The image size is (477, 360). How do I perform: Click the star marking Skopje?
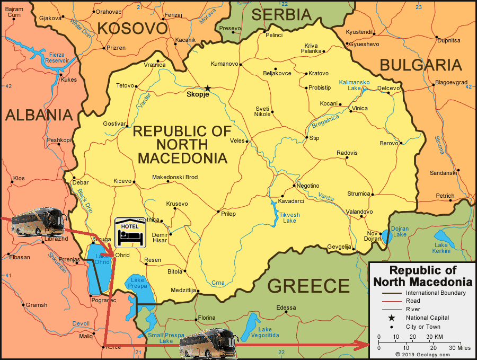[208, 88]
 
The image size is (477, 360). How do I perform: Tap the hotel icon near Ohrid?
[129, 232]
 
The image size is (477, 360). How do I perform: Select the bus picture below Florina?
[208, 343]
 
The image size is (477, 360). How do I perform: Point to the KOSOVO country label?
[132, 28]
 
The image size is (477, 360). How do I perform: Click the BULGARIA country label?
[421, 65]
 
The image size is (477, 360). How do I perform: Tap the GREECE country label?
[308, 286]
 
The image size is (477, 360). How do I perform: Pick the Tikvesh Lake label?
[289, 217]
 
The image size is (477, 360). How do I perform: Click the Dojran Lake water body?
[386, 236]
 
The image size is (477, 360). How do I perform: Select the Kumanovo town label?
[224, 64]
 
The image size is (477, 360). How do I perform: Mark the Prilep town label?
[228, 214]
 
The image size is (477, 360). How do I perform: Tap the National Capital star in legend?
[392, 318]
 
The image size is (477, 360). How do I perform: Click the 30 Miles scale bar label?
[458, 347]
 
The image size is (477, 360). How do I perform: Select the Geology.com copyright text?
[423, 354]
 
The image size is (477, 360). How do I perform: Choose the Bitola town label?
[174, 271]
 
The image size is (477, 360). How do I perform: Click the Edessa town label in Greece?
[286, 308]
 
